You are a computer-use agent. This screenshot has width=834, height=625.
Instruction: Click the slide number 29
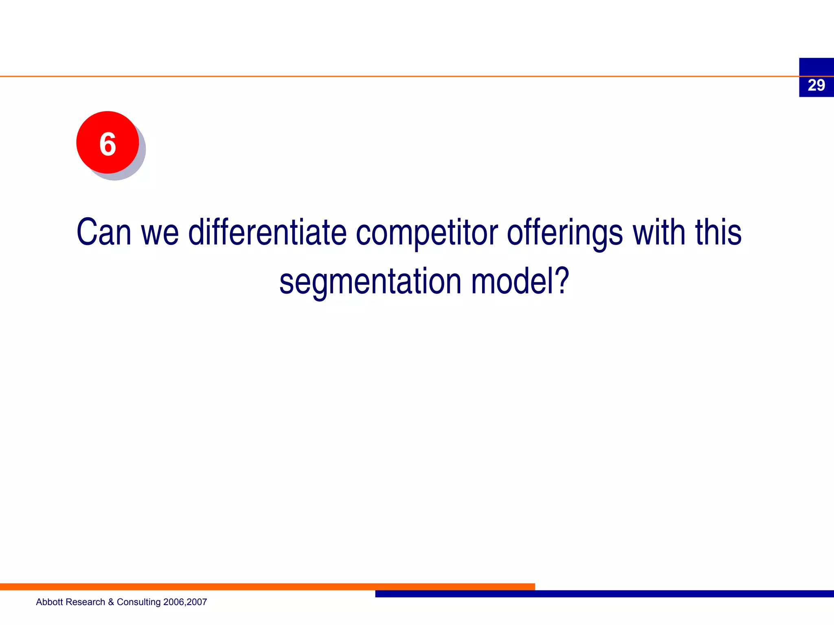tap(816, 85)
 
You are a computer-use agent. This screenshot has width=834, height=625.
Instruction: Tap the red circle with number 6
tap(108, 142)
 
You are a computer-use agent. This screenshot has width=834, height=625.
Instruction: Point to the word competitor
tap(427, 233)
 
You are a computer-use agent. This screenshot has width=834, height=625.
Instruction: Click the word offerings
tap(564, 233)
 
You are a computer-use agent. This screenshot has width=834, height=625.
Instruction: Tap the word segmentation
tap(370, 282)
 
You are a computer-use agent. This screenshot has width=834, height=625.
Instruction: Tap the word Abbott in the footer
tap(49, 602)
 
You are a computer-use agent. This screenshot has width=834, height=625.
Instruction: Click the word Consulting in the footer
tap(138, 602)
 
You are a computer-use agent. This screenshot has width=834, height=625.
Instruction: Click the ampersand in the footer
tap(111, 602)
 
